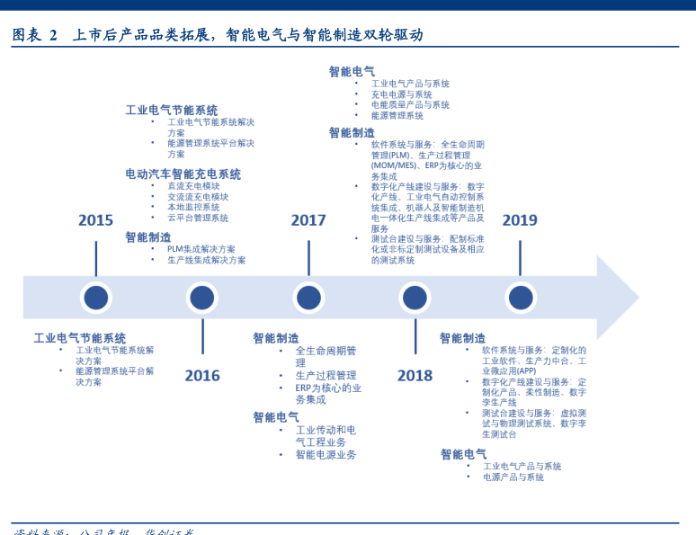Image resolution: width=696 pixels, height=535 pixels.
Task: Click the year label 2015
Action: pos(95,220)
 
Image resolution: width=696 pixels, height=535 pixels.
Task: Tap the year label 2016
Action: pos(202,375)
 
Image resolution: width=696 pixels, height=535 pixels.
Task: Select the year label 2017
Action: pos(308,220)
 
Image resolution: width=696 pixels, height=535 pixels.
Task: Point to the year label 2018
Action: pos(415,375)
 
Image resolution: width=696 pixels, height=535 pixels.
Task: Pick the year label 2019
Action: pos(520,220)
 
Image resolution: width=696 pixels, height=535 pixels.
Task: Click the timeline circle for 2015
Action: pos(95,298)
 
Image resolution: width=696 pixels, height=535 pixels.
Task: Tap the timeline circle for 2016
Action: pos(202,298)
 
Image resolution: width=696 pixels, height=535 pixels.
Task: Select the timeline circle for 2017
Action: pos(308,298)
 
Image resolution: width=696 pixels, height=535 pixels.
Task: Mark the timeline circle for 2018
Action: pos(415,298)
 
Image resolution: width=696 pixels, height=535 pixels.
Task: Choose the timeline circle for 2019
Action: pos(520,298)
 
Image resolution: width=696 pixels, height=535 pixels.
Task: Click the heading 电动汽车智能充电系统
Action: pos(183,174)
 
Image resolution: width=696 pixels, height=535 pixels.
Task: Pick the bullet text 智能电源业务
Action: pos(326,455)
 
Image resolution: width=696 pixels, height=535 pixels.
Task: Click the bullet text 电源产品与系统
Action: pos(513,477)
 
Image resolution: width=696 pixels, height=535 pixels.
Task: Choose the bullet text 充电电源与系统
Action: pos(401,94)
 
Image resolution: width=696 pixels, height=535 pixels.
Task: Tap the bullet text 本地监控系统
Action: pos(193,207)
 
